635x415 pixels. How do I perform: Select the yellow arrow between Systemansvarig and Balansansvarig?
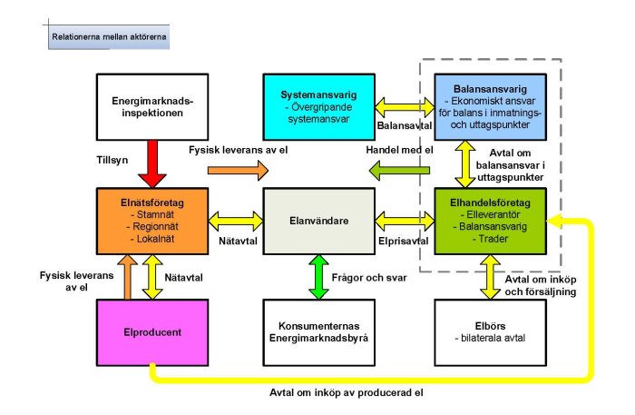click(x=399, y=94)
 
